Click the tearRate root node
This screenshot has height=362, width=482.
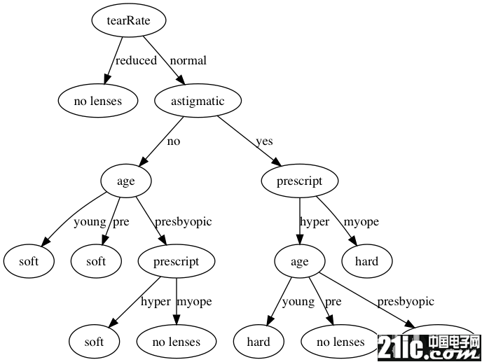(129, 20)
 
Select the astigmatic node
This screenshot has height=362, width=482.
(198, 101)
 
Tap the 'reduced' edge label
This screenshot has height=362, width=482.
(136, 60)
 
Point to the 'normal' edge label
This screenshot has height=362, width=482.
(188, 60)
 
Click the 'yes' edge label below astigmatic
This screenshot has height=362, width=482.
(264, 141)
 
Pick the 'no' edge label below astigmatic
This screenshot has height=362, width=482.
(173, 141)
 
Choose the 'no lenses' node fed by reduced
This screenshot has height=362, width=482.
(98, 101)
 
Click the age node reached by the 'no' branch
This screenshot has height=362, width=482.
(126, 181)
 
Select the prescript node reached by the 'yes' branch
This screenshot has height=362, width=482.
(299, 181)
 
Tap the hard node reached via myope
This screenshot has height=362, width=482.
(366, 262)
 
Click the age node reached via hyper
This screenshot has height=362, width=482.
(299, 262)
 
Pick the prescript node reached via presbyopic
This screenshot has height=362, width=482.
(176, 262)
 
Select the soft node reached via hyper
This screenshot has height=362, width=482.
(94, 342)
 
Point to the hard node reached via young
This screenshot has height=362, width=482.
(259, 342)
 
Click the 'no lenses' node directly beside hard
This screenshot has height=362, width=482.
(340, 342)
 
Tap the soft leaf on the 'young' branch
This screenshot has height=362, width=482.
(29, 262)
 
